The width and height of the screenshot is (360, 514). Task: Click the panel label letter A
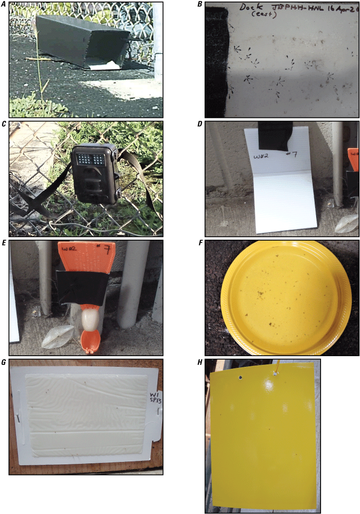point(4,4)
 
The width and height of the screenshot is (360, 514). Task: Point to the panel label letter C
point(4,124)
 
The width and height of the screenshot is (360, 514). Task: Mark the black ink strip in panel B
point(216,63)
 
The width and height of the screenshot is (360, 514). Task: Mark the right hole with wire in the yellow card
point(276,374)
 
